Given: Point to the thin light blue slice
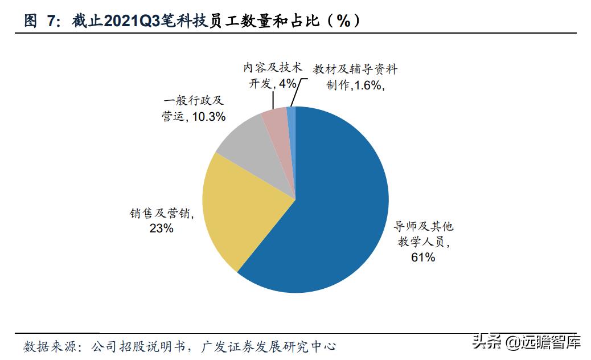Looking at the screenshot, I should coord(292,117).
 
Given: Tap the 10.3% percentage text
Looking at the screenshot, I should coord(208,116).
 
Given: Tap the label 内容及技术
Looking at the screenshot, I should coord(272,68).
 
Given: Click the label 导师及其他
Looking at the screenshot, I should coord(424,226).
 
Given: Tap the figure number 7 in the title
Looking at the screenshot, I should coord(51,21).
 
